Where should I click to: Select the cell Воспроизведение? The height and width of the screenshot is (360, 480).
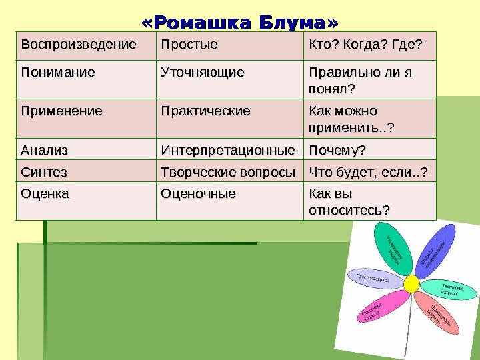(78, 45)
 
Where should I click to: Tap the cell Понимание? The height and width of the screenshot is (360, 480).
(57, 71)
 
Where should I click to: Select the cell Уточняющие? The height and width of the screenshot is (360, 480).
(202, 71)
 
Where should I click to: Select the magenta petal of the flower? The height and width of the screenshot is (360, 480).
(382, 307)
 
